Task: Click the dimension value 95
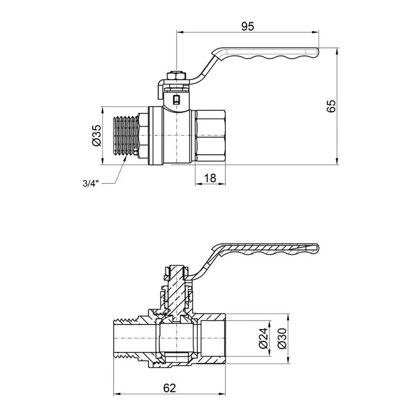247,26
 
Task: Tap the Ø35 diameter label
96,136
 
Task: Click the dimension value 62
169,388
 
